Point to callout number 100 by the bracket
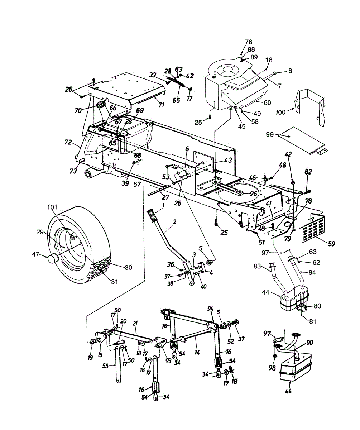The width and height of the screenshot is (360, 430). pos(281,112)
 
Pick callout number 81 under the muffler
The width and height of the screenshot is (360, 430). pos(313,321)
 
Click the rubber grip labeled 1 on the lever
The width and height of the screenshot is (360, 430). pos(152,216)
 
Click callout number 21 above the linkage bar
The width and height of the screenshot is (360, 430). pos(135,323)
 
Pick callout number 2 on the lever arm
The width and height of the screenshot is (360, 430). pos(174,222)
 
